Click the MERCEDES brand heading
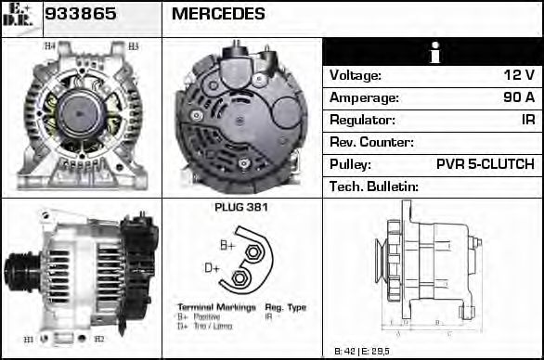pyautogui.click(x=218, y=14)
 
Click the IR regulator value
pyautogui.click(x=526, y=120)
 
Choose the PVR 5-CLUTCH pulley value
pyautogui.click(x=485, y=164)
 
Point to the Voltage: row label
pyautogui.click(x=356, y=75)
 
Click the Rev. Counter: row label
pyautogui.click(x=371, y=142)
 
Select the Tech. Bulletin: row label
pyautogui.click(x=374, y=186)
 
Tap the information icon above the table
pyautogui.click(x=432, y=53)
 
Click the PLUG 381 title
pyautogui.click(x=240, y=207)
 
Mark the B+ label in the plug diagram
pyautogui.click(x=227, y=245)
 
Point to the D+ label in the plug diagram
pyautogui.click(x=212, y=268)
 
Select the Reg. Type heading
pyautogui.click(x=285, y=307)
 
